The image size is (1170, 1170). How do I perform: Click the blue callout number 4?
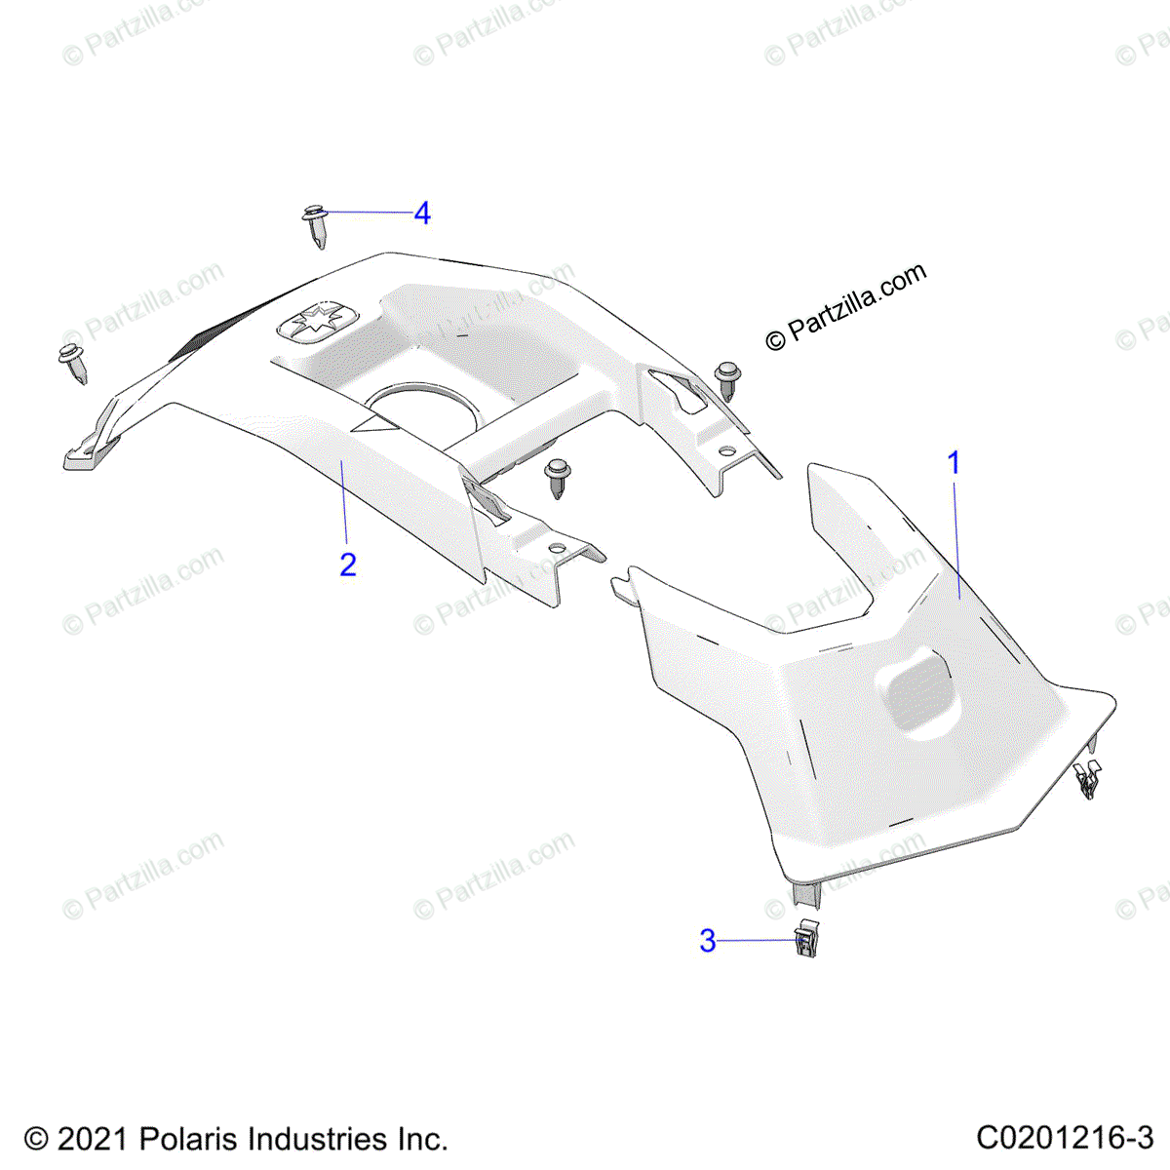click(x=421, y=213)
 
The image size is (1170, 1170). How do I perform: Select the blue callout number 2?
click(x=348, y=565)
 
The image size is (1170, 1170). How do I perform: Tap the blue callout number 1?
click(x=955, y=463)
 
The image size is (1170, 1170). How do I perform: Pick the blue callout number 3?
click(x=708, y=941)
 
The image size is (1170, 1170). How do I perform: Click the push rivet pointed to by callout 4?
click(x=315, y=226)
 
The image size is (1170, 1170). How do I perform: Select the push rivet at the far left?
click(x=74, y=362)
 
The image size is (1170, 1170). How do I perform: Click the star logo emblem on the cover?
click(x=318, y=324)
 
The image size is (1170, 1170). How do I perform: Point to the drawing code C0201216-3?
click(x=1065, y=1138)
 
